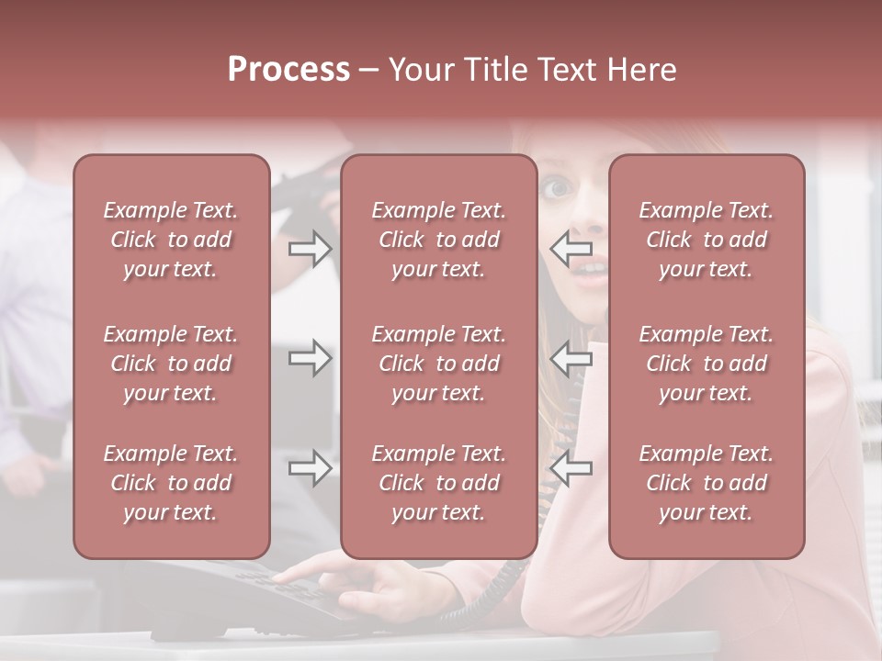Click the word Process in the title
click(288, 70)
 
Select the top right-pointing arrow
click(310, 248)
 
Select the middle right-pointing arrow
click(310, 358)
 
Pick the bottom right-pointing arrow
click(310, 469)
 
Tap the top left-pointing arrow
click(571, 248)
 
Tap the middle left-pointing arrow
click(571, 358)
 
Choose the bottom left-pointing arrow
click(571, 469)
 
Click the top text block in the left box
click(171, 240)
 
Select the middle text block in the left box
click(171, 364)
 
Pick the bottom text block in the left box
click(171, 483)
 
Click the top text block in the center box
click(438, 240)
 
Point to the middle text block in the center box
click(438, 364)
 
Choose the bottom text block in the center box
click(438, 483)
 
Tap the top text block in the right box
click(706, 240)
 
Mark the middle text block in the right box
click(706, 364)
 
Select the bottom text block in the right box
click(706, 483)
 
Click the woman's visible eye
click(558, 189)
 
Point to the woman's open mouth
click(591, 268)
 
